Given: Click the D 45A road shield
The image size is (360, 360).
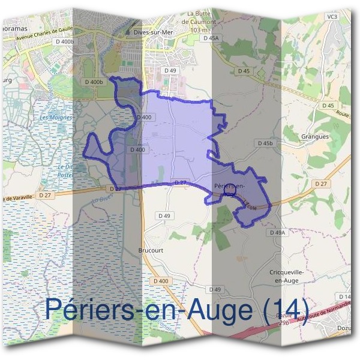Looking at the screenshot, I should click(x=212, y=37).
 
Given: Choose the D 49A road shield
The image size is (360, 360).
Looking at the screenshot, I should click(x=277, y=232).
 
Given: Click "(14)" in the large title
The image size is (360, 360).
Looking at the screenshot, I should click(x=288, y=310).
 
